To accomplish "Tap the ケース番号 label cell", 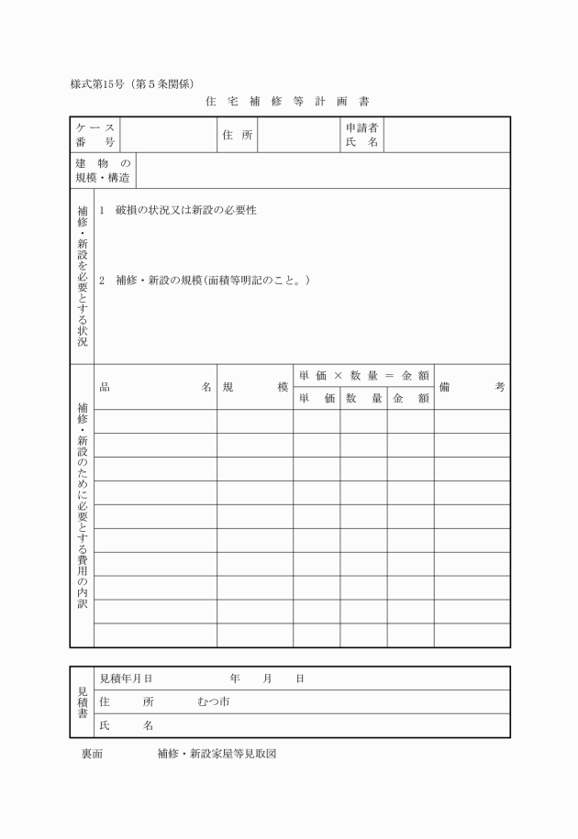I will click(x=95, y=135).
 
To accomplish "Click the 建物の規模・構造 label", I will click(x=103, y=171).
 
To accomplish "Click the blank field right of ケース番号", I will click(x=169, y=135).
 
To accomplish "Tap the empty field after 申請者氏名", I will click(x=446, y=135).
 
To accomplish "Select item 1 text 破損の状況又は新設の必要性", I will click(x=185, y=210).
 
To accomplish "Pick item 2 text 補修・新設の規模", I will click(x=213, y=280).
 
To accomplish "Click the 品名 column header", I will click(x=155, y=387).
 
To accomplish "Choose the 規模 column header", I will click(x=255, y=387).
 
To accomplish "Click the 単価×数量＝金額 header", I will click(x=363, y=375).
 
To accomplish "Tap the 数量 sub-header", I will click(x=363, y=399).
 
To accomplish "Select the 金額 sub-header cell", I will click(x=410, y=399).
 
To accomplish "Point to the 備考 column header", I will click(x=472, y=387).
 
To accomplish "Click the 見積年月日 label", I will click(x=126, y=679).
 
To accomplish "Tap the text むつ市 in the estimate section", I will click(x=213, y=702).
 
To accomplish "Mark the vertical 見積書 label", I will click(x=82, y=701).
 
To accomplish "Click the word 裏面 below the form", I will click(x=92, y=754).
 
